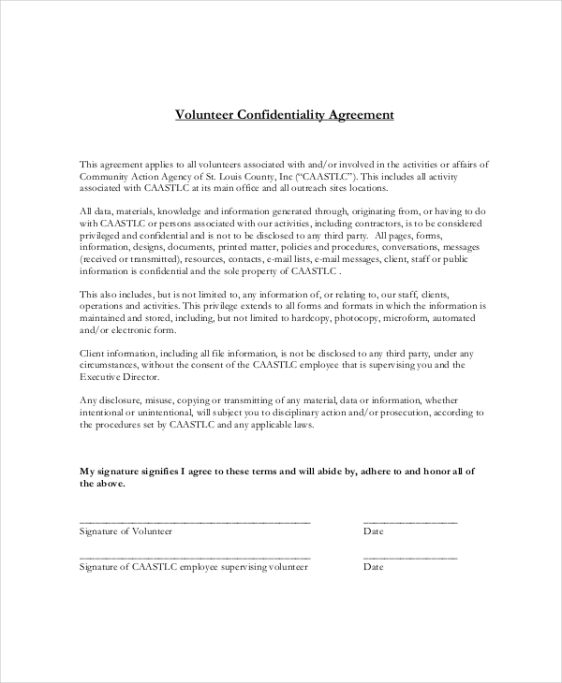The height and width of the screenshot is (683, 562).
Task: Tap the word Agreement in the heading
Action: pos(361,115)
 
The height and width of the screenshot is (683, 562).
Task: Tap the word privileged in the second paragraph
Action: pos(104,237)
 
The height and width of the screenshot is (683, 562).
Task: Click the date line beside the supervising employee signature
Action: pos(410,558)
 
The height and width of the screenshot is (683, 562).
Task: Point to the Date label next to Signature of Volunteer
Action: pos(373,531)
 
